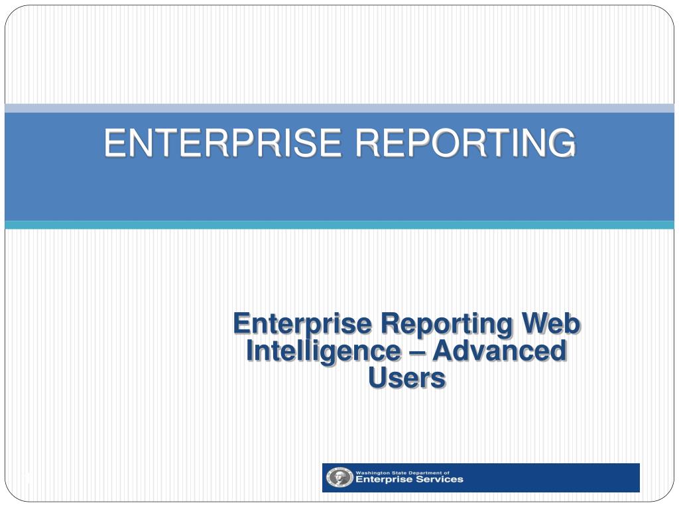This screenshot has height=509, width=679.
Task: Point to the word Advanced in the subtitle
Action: tap(499, 351)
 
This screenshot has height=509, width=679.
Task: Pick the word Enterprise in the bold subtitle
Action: tap(302, 324)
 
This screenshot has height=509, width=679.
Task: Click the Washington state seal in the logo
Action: tap(339, 477)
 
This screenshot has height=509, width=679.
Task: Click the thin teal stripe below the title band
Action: tap(339, 225)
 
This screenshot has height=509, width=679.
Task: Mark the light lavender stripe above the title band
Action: tap(339, 108)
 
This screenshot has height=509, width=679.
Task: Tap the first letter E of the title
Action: tap(115, 142)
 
